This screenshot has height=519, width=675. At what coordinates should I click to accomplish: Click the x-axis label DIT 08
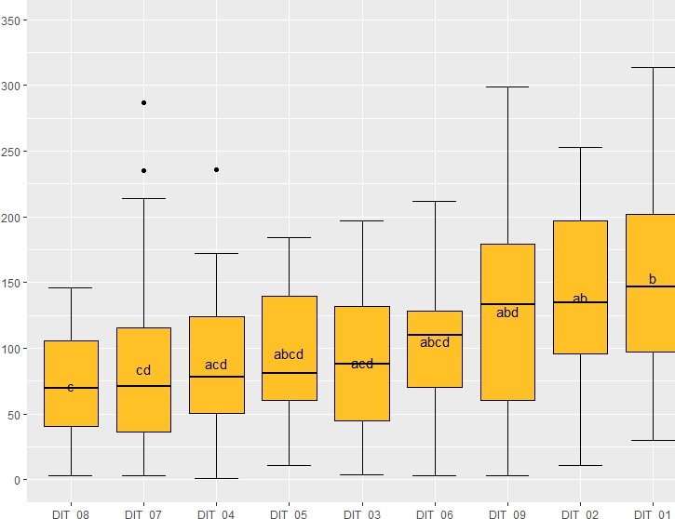pos(71,512)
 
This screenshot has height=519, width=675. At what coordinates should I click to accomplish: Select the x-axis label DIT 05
pos(289,512)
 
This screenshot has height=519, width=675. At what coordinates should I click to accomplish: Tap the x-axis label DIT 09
pos(507,512)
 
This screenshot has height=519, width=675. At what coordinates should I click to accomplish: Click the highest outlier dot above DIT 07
pos(143,102)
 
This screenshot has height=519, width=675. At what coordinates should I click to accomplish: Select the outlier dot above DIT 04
pos(216,169)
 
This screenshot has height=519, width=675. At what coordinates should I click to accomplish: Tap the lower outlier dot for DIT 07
pos(143,170)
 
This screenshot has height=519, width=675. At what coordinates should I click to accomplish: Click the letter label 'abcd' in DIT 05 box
pos(289,354)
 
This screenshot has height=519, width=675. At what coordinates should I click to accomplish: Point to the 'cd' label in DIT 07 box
pos(143,370)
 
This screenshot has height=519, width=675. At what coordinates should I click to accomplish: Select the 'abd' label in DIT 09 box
pos(507,313)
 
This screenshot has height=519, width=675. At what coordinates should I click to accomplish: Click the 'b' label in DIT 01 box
pos(653,279)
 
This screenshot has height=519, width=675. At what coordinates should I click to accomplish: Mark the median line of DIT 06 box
pos(435,335)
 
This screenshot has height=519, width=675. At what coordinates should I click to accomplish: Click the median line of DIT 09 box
pos(507,304)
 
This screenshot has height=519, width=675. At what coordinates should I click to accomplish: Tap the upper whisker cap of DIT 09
pos(507,86)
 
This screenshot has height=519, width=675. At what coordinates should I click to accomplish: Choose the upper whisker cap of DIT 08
pos(71,287)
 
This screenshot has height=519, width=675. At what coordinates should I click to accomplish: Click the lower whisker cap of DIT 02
pos(580,465)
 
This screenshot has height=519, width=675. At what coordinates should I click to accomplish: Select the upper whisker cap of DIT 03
pos(362,220)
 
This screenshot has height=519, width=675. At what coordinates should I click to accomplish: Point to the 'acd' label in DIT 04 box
pos(216,366)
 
